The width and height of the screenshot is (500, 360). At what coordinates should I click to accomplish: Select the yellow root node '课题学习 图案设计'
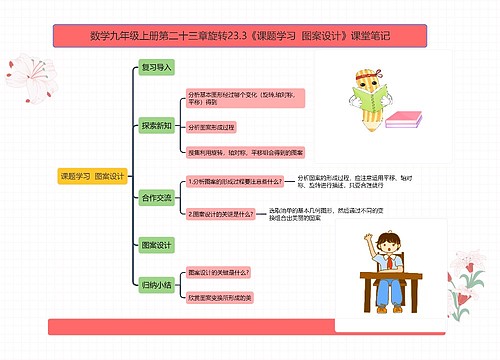(93, 177)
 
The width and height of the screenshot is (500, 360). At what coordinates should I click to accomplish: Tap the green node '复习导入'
(157, 68)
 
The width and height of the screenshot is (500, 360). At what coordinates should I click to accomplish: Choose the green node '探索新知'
(157, 126)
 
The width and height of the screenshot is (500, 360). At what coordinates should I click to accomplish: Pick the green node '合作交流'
(157, 197)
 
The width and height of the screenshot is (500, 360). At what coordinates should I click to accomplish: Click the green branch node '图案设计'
(157, 244)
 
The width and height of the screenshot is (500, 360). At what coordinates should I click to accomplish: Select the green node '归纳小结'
(157, 284)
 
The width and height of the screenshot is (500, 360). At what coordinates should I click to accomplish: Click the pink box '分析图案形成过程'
(212, 128)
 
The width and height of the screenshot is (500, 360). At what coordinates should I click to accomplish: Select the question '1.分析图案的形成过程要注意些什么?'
(222, 182)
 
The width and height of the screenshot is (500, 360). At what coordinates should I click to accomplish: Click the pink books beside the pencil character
(407, 121)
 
